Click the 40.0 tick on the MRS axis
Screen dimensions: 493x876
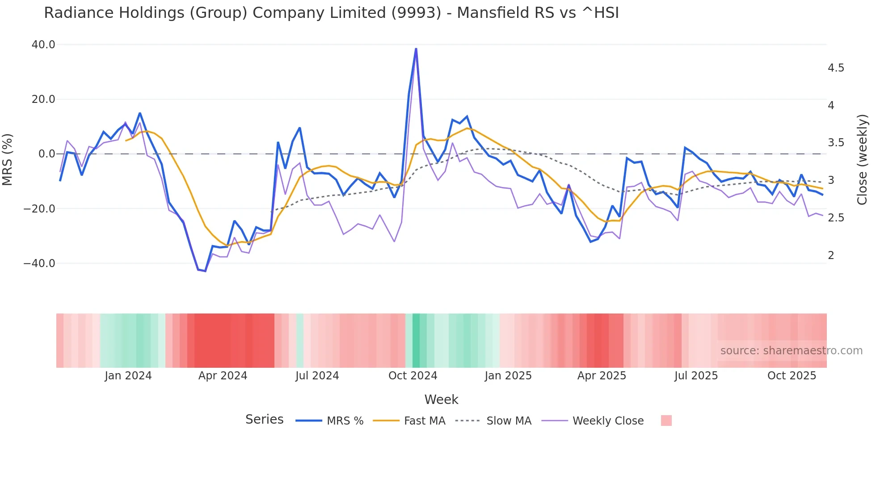tap(43, 45)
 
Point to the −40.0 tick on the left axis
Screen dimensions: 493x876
tap(39, 263)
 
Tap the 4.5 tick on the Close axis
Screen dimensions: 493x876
tap(836, 68)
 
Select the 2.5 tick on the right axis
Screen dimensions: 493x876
tap(836, 218)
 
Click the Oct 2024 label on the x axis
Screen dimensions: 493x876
tap(413, 376)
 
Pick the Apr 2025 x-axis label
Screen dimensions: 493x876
tap(602, 376)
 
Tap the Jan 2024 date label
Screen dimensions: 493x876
tap(128, 376)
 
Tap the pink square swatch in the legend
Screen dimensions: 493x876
tap(666, 421)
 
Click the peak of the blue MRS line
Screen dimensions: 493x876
tap(416, 49)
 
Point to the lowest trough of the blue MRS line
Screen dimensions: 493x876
tap(205, 271)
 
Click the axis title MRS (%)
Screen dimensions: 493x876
tap(8, 159)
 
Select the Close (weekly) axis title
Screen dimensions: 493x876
tap(862, 160)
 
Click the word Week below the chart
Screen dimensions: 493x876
tap(441, 399)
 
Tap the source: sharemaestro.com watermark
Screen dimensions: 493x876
tap(791, 351)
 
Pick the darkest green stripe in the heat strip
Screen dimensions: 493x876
tap(416, 340)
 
